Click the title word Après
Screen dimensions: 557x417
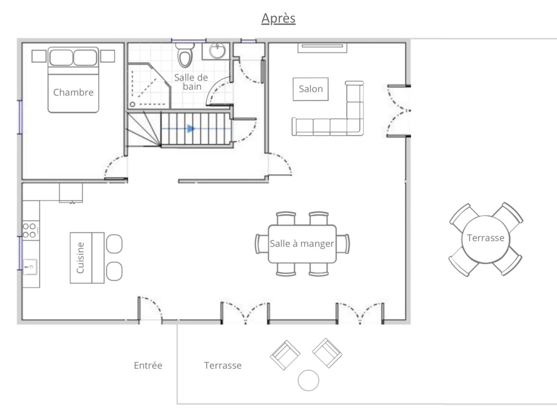point(278,18)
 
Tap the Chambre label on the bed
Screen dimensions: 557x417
point(74,93)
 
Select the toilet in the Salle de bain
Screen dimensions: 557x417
point(185,55)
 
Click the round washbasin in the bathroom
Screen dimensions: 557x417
point(217,51)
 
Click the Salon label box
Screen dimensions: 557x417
point(311,89)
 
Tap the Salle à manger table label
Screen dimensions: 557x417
point(302,244)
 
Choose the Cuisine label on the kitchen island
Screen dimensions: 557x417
point(81,258)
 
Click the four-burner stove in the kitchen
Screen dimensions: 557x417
point(31,231)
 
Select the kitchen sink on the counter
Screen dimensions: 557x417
point(30,267)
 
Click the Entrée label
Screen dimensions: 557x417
point(148,365)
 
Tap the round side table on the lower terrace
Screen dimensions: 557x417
point(309,380)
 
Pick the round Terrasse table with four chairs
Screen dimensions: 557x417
point(486,239)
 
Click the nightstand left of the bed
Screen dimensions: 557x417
point(39,56)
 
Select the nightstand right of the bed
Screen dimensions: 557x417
point(107,56)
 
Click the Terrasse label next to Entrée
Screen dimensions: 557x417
point(223,365)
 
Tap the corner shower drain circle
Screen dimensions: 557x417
point(132,104)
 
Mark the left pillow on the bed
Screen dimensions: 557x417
point(61,57)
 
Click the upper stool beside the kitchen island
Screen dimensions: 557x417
point(114,244)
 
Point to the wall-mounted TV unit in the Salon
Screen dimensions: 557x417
point(322,48)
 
